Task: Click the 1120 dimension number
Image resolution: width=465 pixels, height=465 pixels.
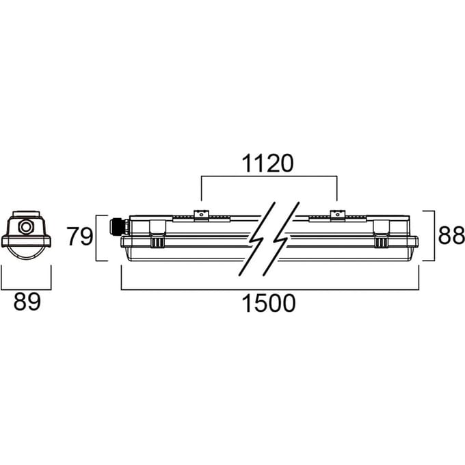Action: click(268, 163)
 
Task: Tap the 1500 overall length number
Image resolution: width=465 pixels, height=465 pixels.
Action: click(269, 303)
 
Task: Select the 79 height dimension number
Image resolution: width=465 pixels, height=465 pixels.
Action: click(79, 237)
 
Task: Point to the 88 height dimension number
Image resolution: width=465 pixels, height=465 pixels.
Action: click(451, 235)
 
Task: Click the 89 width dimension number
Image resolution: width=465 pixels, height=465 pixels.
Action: click(27, 302)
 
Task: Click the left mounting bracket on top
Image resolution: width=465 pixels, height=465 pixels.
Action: click(201, 215)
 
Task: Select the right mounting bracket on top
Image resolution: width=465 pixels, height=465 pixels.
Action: click(338, 215)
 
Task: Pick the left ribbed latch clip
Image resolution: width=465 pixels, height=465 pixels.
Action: click(157, 241)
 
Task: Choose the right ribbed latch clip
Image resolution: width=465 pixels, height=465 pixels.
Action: click(381, 241)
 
